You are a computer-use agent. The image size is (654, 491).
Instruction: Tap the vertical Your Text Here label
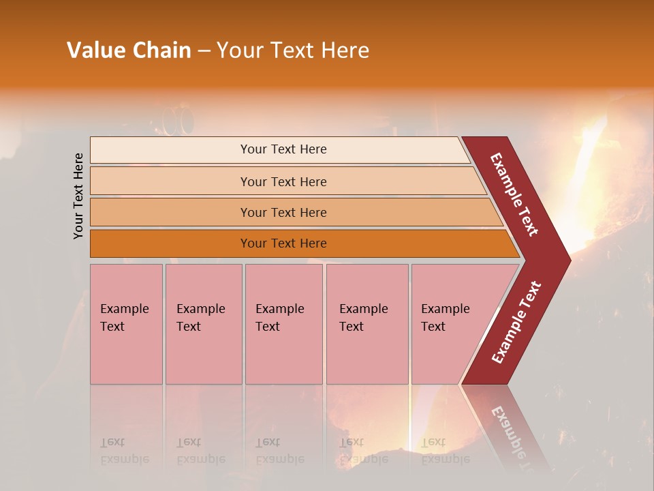78,196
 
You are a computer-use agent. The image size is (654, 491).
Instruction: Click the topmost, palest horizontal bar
283,149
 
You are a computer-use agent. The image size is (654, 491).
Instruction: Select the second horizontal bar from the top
283,181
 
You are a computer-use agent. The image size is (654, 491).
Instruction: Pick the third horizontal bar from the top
283,212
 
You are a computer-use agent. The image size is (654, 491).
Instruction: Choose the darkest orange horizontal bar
283,243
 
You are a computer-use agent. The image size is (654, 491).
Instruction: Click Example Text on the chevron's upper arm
514,194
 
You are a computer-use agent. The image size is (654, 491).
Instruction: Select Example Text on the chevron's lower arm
516,322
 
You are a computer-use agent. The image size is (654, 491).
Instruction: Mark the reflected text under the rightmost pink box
445,451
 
